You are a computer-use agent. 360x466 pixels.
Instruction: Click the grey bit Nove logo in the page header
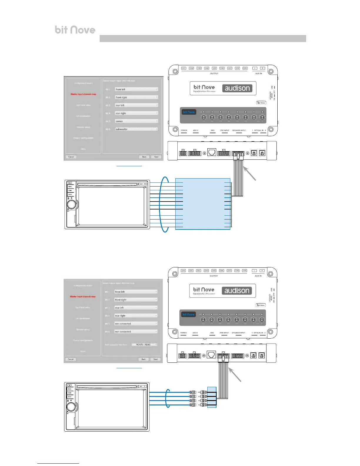(x=75, y=30)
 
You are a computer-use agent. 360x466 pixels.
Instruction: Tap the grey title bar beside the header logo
(x=203, y=39)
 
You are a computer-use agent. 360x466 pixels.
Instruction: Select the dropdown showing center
(x=136, y=121)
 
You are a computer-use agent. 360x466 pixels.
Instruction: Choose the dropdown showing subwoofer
(x=136, y=129)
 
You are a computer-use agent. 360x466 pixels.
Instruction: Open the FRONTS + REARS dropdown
(x=144, y=344)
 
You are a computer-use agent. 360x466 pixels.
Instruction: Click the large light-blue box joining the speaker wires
(x=203, y=204)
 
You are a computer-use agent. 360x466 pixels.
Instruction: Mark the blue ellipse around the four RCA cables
(x=168, y=398)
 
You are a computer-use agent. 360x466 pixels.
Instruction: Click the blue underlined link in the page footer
(x=58, y=463)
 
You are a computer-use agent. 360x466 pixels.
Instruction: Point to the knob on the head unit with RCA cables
(x=71, y=407)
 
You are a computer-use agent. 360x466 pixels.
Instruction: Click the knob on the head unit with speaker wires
(x=71, y=204)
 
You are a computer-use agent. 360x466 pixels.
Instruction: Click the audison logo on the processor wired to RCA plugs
(x=237, y=291)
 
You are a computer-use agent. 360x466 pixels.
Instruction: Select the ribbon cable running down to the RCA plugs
(x=223, y=380)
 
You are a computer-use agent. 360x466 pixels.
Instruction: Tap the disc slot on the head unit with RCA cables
(x=106, y=387)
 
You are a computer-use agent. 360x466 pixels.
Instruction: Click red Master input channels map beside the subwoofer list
(x=83, y=94)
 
